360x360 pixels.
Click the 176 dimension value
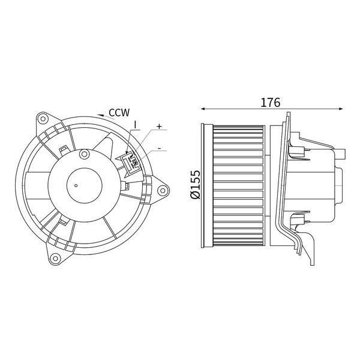[270, 103]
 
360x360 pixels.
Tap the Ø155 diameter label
[196, 184]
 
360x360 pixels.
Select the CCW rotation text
[119, 113]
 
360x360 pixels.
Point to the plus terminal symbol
[159, 126]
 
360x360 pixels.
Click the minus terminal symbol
[160, 148]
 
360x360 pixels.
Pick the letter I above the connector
[135, 125]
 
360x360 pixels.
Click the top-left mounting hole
[43, 119]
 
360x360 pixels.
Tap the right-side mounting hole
[163, 190]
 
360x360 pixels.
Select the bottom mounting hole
[55, 258]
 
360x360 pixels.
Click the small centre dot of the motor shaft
[76, 185]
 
